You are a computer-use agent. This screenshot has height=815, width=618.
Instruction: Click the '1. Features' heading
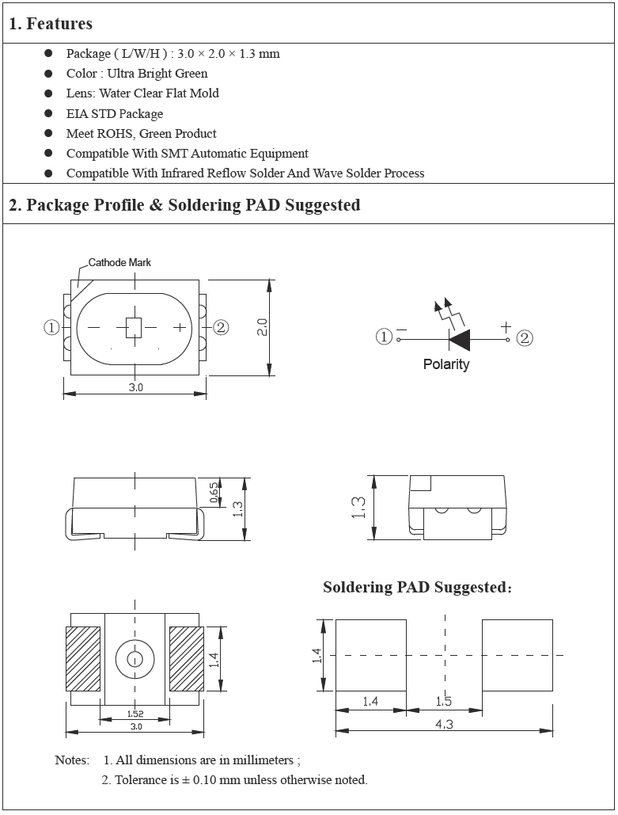(x=51, y=24)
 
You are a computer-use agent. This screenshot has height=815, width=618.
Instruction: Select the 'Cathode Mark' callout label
(x=119, y=262)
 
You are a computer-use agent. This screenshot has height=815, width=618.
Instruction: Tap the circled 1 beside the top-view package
(x=52, y=327)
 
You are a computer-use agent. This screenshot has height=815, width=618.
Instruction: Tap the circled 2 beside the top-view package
(x=221, y=327)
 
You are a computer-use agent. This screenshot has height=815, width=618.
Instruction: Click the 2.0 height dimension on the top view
(x=263, y=326)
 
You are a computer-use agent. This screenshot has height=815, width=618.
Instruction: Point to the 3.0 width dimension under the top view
(x=135, y=387)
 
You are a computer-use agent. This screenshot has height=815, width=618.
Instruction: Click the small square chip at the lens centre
(x=134, y=327)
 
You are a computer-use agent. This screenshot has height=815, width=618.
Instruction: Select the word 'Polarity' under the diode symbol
(x=446, y=364)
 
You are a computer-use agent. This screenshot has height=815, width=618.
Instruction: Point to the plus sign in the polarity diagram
(x=505, y=326)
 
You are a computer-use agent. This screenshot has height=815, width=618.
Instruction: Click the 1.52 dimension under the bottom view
(x=135, y=714)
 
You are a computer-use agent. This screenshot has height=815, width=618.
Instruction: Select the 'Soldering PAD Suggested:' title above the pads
(x=417, y=587)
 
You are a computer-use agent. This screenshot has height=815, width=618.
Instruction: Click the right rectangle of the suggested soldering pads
(x=517, y=655)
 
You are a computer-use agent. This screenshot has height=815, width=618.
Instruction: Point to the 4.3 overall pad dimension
(x=444, y=724)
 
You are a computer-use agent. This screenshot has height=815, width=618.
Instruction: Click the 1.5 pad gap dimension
(x=444, y=702)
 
